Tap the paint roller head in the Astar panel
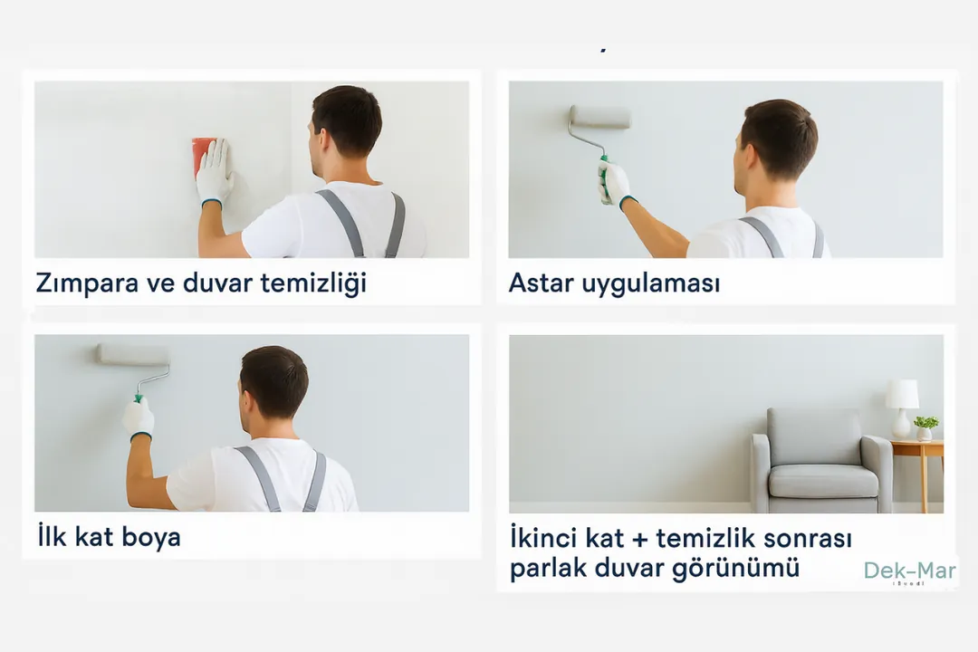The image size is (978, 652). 599,118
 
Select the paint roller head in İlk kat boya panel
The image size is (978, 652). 132,354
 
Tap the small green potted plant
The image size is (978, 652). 925,427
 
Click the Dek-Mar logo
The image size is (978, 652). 909,571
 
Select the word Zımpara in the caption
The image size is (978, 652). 87,283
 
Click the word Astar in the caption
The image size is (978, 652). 541,283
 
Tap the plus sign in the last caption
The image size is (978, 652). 639,539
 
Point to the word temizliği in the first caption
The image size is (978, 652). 312,283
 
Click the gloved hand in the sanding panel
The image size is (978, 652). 215,172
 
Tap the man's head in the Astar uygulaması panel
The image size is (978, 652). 777,140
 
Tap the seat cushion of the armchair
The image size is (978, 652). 821,481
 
